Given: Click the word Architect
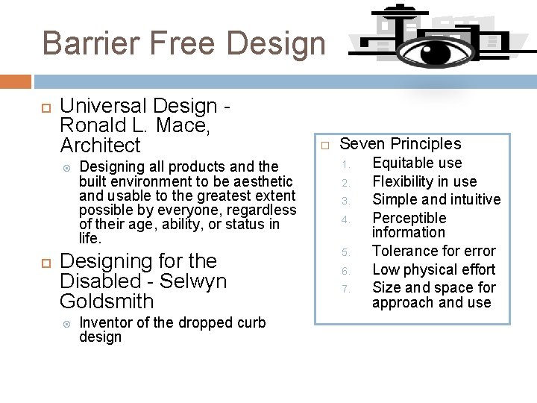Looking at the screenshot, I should tap(100, 145).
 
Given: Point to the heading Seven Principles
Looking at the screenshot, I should tap(401, 144).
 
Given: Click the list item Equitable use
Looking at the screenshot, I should tap(417, 163).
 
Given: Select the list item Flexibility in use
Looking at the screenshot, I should tap(424, 181).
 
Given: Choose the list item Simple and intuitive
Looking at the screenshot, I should tap(436, 199).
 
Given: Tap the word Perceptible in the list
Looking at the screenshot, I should tap(409, 218).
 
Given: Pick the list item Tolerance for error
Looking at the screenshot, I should tap(433, 251).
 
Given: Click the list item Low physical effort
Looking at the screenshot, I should tap(433, 269).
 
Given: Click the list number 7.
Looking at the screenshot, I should tap(345, 288).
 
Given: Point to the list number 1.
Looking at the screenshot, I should tap(345, 163).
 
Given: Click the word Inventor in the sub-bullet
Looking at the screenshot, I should tap(104, 322).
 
